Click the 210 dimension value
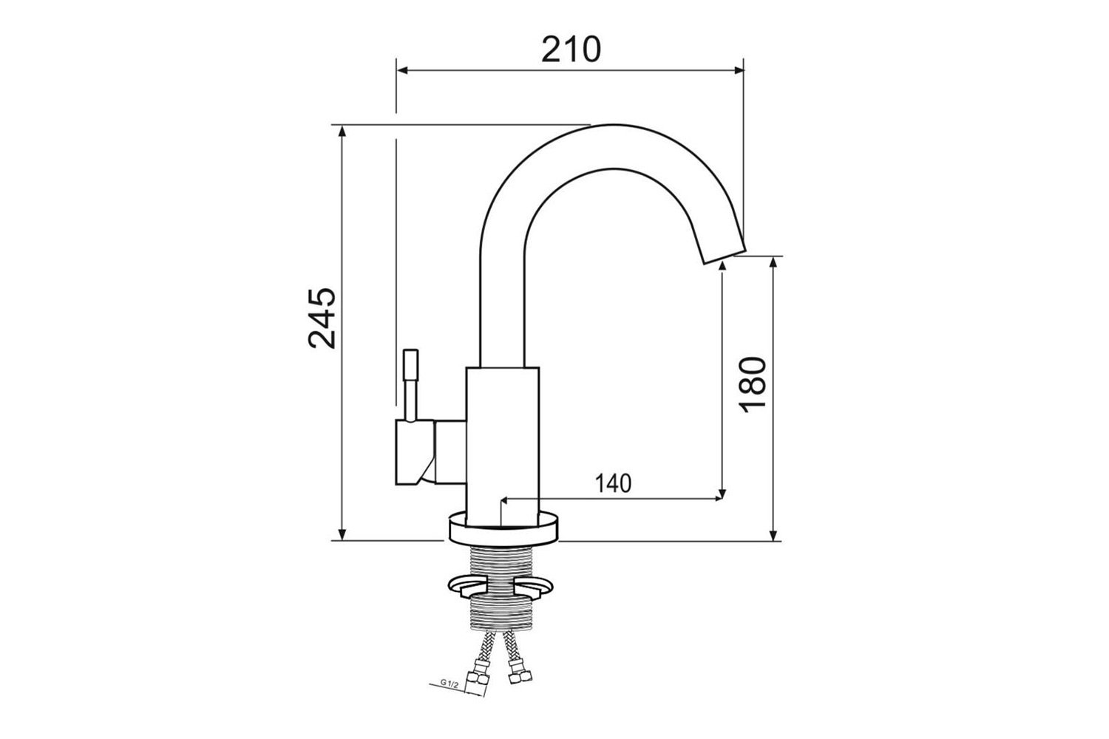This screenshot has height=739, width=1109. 571,50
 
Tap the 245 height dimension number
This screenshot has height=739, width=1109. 322,319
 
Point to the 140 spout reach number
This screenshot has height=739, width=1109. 613,483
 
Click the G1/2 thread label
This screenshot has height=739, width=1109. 450,684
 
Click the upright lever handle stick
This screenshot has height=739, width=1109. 411,386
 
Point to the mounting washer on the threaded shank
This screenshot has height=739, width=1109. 501,587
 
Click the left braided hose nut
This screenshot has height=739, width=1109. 479,672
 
